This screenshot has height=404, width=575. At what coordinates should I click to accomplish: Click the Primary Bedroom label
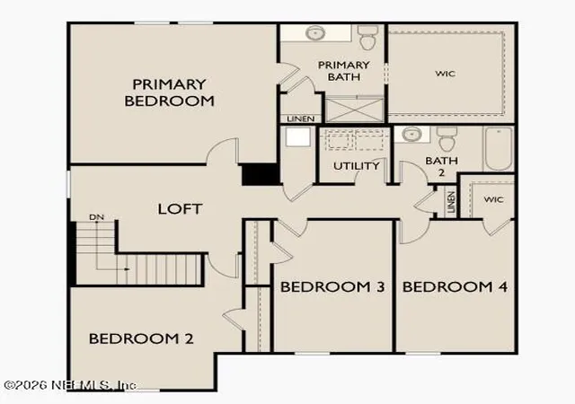(x=169, y=92)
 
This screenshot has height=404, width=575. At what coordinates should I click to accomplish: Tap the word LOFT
(x=180, y=209)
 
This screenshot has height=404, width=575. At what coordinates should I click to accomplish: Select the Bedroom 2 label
(x=141, y=338)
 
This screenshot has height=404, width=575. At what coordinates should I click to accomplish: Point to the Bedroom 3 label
(x=332, y=286)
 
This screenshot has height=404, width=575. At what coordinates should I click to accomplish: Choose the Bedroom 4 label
(x=455, y=286)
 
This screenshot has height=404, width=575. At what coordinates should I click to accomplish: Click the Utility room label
(x=356, y=166)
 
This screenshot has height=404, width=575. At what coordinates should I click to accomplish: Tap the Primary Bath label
(x=343, y=71)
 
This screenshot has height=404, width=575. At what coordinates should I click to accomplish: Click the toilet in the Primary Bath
(x=367, y=38)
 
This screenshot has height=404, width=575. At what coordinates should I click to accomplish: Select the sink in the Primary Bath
(x=315, y=33)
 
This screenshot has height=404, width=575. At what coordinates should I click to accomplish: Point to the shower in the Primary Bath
(x=354, y=109)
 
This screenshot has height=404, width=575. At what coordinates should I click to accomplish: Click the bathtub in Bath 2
(x=499, y=148)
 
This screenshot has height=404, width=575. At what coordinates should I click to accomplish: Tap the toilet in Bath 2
(x=447, y=139)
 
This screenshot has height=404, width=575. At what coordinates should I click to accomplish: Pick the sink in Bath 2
(x=411, y=134)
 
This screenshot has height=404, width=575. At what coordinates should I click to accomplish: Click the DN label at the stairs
(x=97, y=217)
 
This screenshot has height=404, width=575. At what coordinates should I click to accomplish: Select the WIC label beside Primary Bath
(x=446, y=74)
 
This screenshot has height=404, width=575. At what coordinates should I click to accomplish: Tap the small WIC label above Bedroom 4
(x=493, y=200)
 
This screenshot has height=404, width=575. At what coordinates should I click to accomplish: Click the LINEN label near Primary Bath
(x=301, y=119)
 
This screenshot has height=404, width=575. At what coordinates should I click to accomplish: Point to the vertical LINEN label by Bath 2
(x=451, y=202)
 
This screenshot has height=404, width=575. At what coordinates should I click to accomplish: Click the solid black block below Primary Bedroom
(x=261, y=174)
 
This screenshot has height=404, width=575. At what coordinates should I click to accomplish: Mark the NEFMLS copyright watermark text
(x=70, y=385)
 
